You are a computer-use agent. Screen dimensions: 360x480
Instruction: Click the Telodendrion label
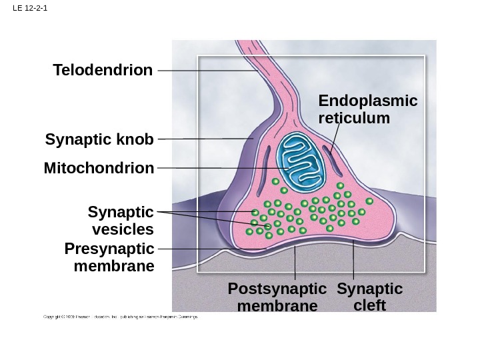(x=103, y=70)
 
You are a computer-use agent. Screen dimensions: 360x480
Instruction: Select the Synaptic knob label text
(x=99, y=140)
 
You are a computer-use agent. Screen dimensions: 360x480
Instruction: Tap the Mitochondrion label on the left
(x=99, y=168)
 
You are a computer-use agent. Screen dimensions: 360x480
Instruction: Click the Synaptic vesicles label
(x=121, y=221)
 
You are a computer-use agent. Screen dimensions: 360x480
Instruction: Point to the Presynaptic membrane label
(x=109, y=257)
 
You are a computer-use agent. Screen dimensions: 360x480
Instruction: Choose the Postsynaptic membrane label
(x=277, y=297)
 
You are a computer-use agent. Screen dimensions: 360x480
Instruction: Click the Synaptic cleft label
(x=370, y=297)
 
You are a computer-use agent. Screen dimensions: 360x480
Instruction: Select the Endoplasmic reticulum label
(x=367, y=109)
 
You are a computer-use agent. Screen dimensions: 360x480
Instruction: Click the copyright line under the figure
(x=121, y=317)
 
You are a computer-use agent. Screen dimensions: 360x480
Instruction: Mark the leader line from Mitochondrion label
(x=193, y=168)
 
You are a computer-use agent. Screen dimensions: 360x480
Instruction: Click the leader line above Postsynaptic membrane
(x=295, y=263)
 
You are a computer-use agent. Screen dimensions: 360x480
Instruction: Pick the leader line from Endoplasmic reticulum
(x=335, y=140)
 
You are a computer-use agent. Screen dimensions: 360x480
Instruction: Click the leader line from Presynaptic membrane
(x=200, y=249)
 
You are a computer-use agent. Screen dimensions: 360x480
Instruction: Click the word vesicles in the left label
(x=122, y=229)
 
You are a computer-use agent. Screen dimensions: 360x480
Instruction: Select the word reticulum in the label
(x=354, y=118)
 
